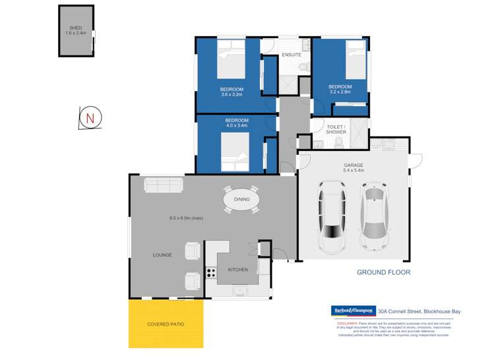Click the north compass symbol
click(x=90, y=118)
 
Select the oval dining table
click(x=241, y=198)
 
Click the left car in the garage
click(x=332, y=217)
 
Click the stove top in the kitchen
click(x=212, y=272)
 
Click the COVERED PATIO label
click(x=166, y=324)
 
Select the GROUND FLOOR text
click(x=383, y=272)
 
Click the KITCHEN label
click(x=237, y=270)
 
